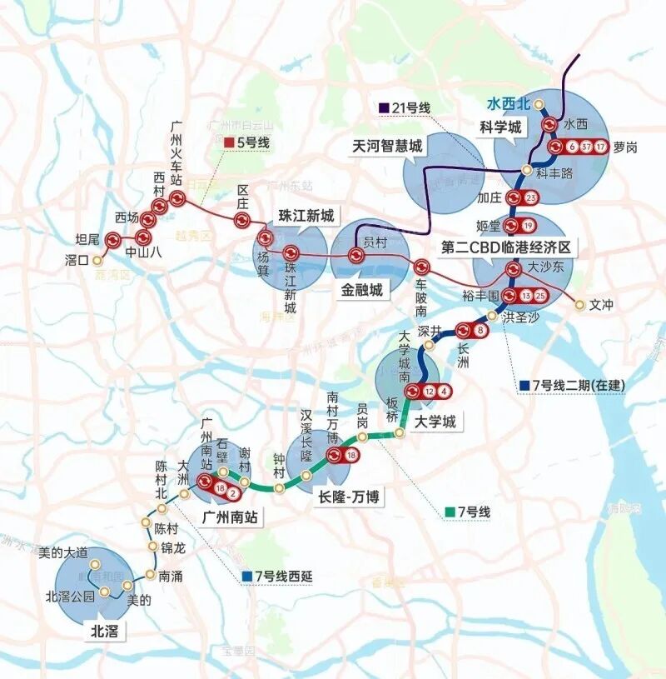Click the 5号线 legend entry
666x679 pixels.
click(247, 142)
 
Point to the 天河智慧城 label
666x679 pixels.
click(387, 147)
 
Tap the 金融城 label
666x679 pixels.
click(360, 289)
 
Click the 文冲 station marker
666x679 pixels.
click(580, 305)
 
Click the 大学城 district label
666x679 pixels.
click(436, 422)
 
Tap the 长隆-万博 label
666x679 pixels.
click(349, 497)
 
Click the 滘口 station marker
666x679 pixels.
click(95, 260)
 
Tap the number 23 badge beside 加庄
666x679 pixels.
click(531, 197)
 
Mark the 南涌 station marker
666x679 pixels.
click(150, 574)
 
